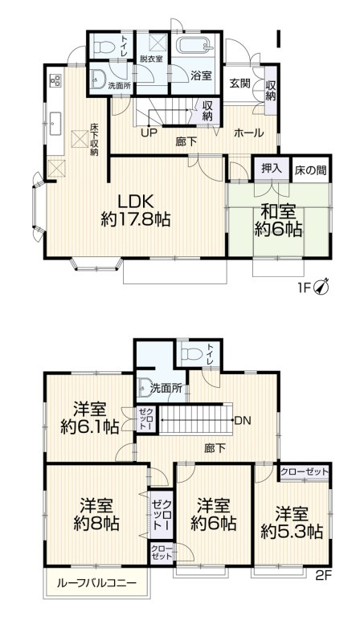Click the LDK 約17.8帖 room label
pos(134,209)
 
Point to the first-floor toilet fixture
pos(100,49)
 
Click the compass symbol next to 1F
pos(322,285)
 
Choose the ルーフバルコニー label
pos(96,582)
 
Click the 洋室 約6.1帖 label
pos(90,416)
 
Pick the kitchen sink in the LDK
pos(56,122)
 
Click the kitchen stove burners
pos(56,80)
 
